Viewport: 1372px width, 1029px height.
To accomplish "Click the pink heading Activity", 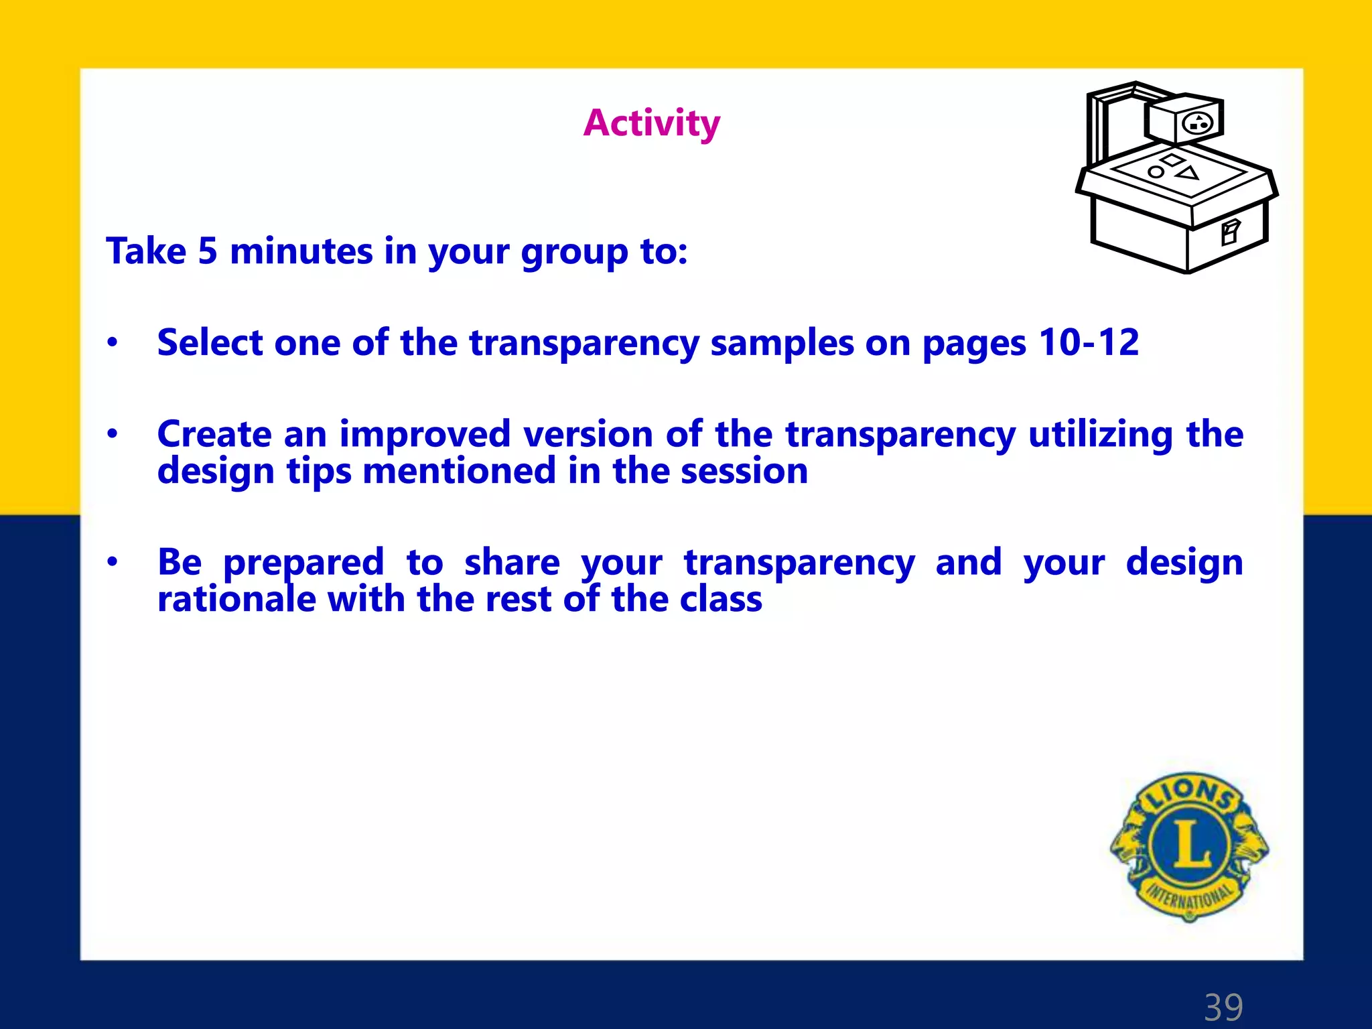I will tap(651, 123).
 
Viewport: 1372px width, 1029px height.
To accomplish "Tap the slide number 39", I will tap(1223, 1007).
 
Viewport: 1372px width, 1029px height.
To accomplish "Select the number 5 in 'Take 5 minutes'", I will tap(208, 252).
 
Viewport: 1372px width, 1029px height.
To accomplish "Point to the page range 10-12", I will tap(1089, 342).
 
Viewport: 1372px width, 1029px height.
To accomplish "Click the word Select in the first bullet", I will tap(210, 342).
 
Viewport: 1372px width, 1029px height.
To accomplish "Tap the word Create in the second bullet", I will tap(214, 434).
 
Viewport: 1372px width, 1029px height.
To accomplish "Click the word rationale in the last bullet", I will tap(236, 599).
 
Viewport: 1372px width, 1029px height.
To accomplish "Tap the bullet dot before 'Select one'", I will tap(113, 343).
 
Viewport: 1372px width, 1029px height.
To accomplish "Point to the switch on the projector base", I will tap(1230, 232).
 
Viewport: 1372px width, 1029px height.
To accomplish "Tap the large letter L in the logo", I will tap(1190, 843).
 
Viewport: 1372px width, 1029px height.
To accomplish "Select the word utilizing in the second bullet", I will tap(1101, 434).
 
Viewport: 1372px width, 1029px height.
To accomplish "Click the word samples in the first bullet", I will tap(781, 342).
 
